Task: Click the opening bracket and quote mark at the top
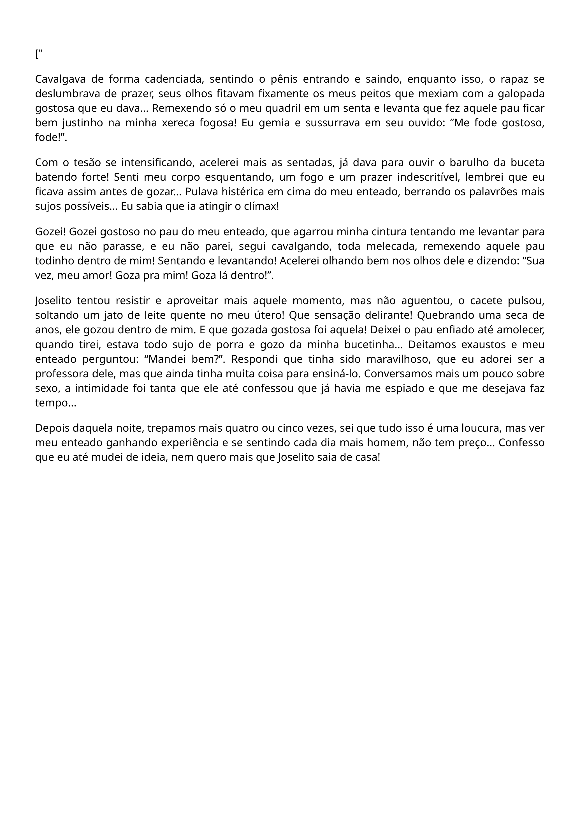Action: (39, 55)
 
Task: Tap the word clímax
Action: (262, 206)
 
